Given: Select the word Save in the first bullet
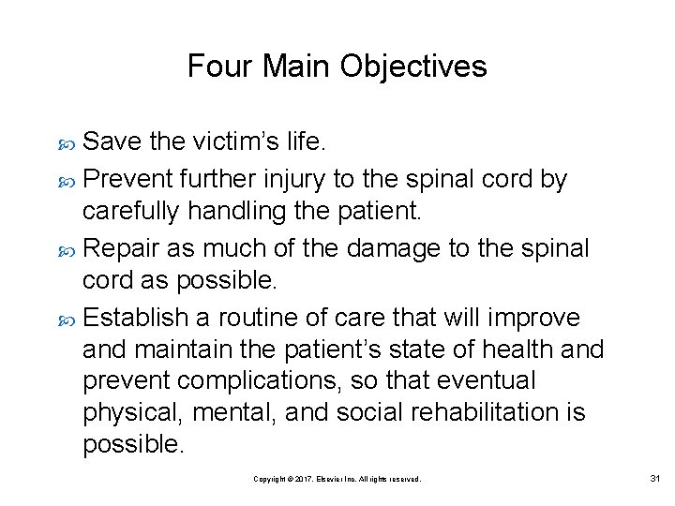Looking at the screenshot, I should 112,141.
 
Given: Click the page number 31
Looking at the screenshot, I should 654,479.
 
